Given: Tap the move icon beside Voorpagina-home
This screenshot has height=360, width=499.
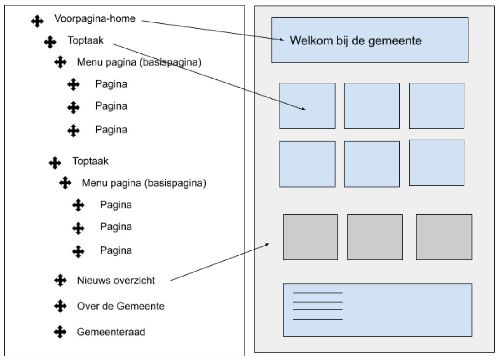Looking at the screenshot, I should pos(37,21).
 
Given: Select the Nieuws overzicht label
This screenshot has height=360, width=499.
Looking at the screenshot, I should pos(116,281).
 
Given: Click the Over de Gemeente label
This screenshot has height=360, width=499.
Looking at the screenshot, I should pos(121,307).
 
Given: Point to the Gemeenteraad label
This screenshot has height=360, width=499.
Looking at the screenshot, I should pos(111,332).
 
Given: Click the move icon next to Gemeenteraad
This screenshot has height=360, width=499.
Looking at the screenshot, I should pos(60,332).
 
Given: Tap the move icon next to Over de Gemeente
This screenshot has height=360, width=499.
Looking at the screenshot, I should pos(60,307).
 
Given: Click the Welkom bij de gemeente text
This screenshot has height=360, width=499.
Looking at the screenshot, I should pos(355,41).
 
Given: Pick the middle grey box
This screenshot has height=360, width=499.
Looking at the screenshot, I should pos(375,237).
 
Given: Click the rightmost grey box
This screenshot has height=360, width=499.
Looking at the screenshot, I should pos(444,237).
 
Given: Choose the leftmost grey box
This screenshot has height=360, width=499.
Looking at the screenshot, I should pos(310,237).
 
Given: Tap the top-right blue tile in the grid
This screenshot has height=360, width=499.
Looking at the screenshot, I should pos(436,106).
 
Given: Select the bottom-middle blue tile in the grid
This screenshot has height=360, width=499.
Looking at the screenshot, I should pos(372,164).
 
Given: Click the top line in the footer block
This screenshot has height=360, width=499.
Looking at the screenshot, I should pos(318,293).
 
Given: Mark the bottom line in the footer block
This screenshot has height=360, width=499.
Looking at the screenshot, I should pos(318,319).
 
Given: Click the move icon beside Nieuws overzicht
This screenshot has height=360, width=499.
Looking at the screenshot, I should pos(60,280).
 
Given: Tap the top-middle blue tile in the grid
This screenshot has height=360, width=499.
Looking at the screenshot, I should pos(372,106).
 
